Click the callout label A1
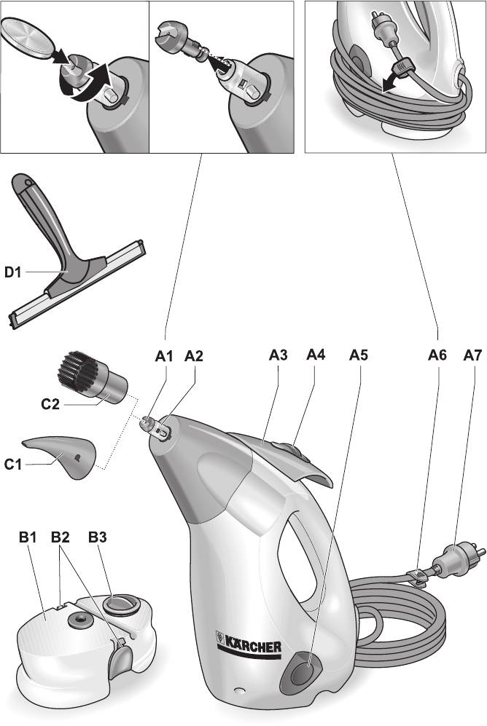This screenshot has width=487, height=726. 163,356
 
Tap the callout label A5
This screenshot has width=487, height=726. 358,355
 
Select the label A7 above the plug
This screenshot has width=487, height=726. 472,355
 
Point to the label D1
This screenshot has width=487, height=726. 13,272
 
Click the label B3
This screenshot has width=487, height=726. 97,537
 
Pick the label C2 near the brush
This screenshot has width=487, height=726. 50,404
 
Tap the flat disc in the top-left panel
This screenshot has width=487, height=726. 27,39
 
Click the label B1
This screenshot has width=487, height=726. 28,537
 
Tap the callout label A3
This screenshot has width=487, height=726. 278,355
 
